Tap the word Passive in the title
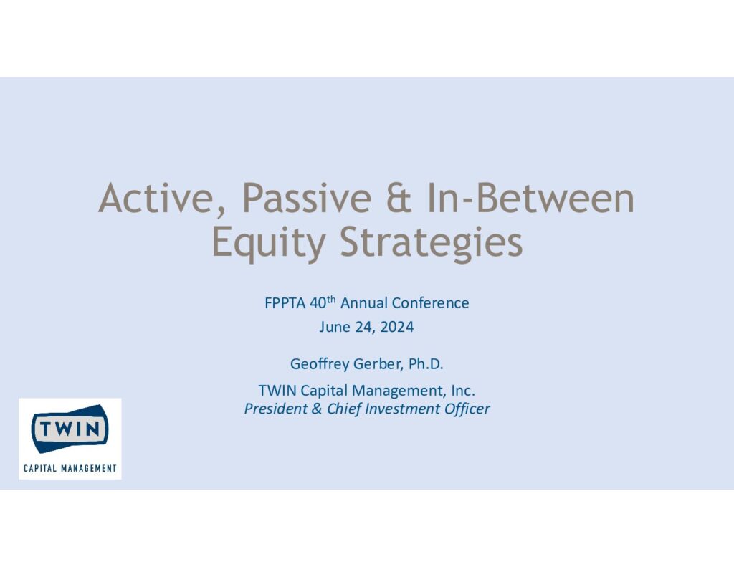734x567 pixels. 307,198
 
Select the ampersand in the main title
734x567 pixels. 399,198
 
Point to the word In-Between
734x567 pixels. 530,198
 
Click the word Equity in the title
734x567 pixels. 269,242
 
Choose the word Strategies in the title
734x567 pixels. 431,242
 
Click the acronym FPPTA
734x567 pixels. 285,303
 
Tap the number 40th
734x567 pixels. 323,302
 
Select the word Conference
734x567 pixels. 430,303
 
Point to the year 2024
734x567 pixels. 397,327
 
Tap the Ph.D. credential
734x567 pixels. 426,364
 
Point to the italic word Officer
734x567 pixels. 467,409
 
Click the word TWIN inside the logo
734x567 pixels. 70,429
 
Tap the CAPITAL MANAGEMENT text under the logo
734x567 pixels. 70,468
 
